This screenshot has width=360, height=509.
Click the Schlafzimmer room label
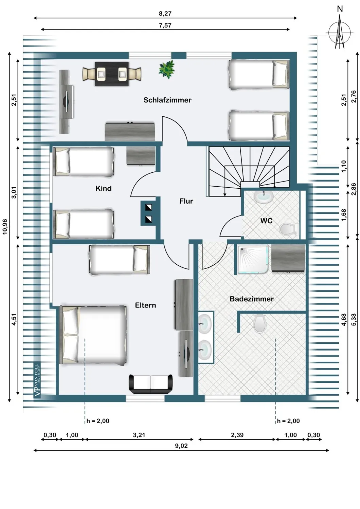[x=167, y=100]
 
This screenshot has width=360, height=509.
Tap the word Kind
[x=103, y=188]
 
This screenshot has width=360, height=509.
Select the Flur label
[x=186, y=201]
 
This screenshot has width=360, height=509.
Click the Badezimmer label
[x=252, y=299]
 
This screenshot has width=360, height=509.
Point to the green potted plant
[x=167, y=69]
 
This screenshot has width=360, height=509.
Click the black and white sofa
[x=151, y=384]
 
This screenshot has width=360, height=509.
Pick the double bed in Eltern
[x=94, y=335]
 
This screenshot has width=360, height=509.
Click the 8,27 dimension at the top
[x=165, y=14]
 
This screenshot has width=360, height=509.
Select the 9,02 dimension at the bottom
[x=181, y=446]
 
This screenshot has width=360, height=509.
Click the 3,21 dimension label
[x=139, y=435]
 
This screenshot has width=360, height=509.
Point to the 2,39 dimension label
[x=237, y=435]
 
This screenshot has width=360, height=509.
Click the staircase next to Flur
[x=249, y=167]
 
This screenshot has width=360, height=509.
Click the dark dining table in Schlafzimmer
[x=112, y=74]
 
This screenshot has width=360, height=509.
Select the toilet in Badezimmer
[x=259, y=323]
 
